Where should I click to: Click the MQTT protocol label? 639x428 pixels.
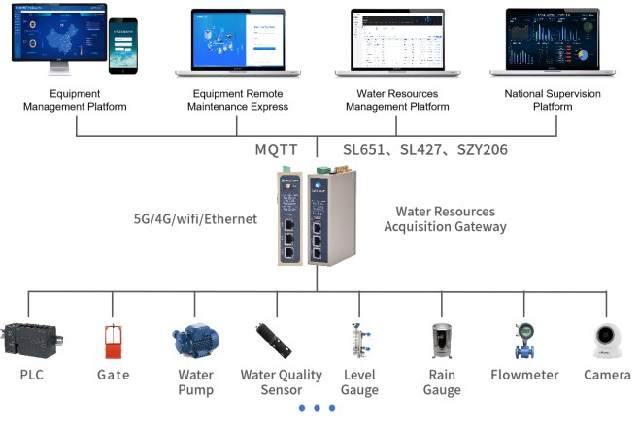pyautogui.click(x=276, y=149)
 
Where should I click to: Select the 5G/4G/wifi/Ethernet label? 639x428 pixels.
pyautogui.click(x=195, y=219)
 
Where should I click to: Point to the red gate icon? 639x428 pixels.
pyautogui.click(x=113, y=342)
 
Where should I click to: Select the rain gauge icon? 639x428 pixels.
pyautogui.click(x=442, y=342)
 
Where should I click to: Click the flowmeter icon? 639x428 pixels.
pyautogui.click(x=523, y=341)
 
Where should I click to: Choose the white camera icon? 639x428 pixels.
pyautogui.click(x=607, y=341)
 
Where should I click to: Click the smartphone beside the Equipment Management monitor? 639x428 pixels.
pyautogui.click(x=122, y=45)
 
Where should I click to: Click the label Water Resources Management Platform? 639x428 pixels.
pyautogui.click(x=396, y=100)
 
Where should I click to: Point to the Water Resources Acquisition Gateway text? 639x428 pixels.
pyautogui.click(x=445, y=219)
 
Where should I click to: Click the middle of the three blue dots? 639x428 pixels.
pyautogui.click(x=318, y=408)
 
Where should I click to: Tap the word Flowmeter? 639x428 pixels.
pyautogui.click(x=523, y=374)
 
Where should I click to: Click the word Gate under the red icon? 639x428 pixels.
pyautogui.click(x=113, y=374)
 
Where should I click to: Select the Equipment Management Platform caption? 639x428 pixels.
pyautogui.click(x=75, y=100)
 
